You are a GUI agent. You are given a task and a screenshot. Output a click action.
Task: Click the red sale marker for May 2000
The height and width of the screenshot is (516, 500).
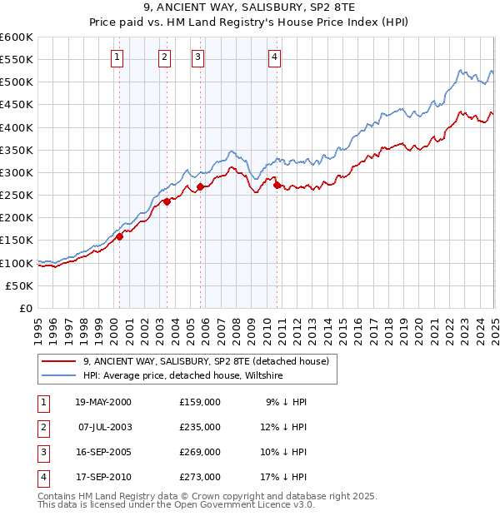119,236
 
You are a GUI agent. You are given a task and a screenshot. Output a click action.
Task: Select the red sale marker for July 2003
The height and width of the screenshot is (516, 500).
167,201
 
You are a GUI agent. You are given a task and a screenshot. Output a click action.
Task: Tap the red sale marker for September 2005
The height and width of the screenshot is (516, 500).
200,186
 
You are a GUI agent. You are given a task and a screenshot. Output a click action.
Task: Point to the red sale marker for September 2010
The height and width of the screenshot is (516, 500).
277,185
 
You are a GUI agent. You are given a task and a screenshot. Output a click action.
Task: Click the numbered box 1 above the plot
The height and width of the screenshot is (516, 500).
117,57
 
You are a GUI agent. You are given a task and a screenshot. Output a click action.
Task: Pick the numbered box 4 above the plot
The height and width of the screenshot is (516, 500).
274,57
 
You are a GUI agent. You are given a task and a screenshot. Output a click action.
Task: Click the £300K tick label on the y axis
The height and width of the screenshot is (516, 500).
17,172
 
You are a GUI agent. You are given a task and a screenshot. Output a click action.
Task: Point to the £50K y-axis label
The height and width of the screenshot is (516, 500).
20,285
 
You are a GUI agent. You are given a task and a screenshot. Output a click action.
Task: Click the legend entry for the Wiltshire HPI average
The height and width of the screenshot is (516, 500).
183,376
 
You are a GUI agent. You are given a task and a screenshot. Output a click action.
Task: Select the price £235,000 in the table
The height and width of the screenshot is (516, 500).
200,427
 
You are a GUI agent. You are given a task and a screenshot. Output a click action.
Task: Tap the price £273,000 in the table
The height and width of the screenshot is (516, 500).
200,477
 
